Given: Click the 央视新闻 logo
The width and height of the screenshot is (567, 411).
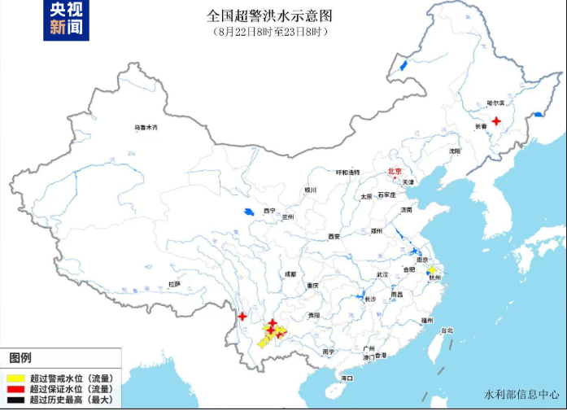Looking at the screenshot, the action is click(66, 20).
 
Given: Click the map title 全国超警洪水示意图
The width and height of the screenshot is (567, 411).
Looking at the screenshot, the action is click(269, 15).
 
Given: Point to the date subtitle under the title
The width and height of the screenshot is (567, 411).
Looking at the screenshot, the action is click(270, 31).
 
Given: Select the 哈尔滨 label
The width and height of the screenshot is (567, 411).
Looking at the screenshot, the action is click(495, 103).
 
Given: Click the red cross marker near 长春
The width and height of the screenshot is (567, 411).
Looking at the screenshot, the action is click(496, 120).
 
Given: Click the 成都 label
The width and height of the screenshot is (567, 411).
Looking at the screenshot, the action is click(290, 274).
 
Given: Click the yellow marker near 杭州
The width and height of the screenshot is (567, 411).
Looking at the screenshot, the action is click(432, 269).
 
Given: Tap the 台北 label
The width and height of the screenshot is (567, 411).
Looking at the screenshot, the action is click(446, 330).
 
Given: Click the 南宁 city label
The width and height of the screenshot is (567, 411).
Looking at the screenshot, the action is click(328, 352).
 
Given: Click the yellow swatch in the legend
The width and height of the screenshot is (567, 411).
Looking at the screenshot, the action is click(14, 378).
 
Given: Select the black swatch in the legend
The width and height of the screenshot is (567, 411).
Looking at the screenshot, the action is click(14, 400).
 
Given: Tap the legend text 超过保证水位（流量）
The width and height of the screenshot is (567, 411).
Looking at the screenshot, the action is click(70, 389).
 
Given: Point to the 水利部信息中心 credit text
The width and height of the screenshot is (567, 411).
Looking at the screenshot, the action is click(521, 395).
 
